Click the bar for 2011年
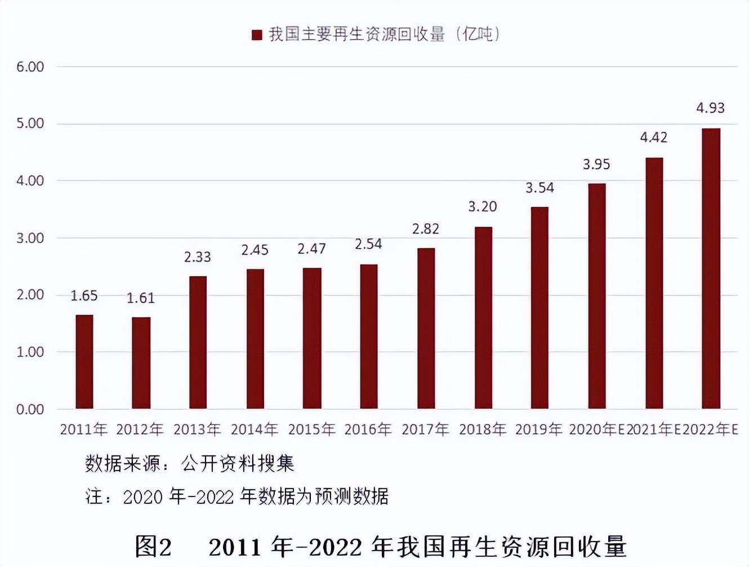point(84,362)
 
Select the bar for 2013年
point(198,343)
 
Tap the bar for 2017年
point(426,329)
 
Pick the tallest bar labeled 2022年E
point(711,269)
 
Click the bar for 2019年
point(540,308)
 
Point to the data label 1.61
point(140,298)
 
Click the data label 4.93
point(710,108)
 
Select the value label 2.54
point(368,244)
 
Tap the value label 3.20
point(483,207)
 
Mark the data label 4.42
point(653,137)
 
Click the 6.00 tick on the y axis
point(30,67)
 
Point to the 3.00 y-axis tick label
point(30,238)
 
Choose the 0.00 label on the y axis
point(30,409)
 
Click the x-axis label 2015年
point(311,429)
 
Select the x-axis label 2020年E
point(597,429)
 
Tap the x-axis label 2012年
point(140,429)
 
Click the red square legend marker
point(257,35)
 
